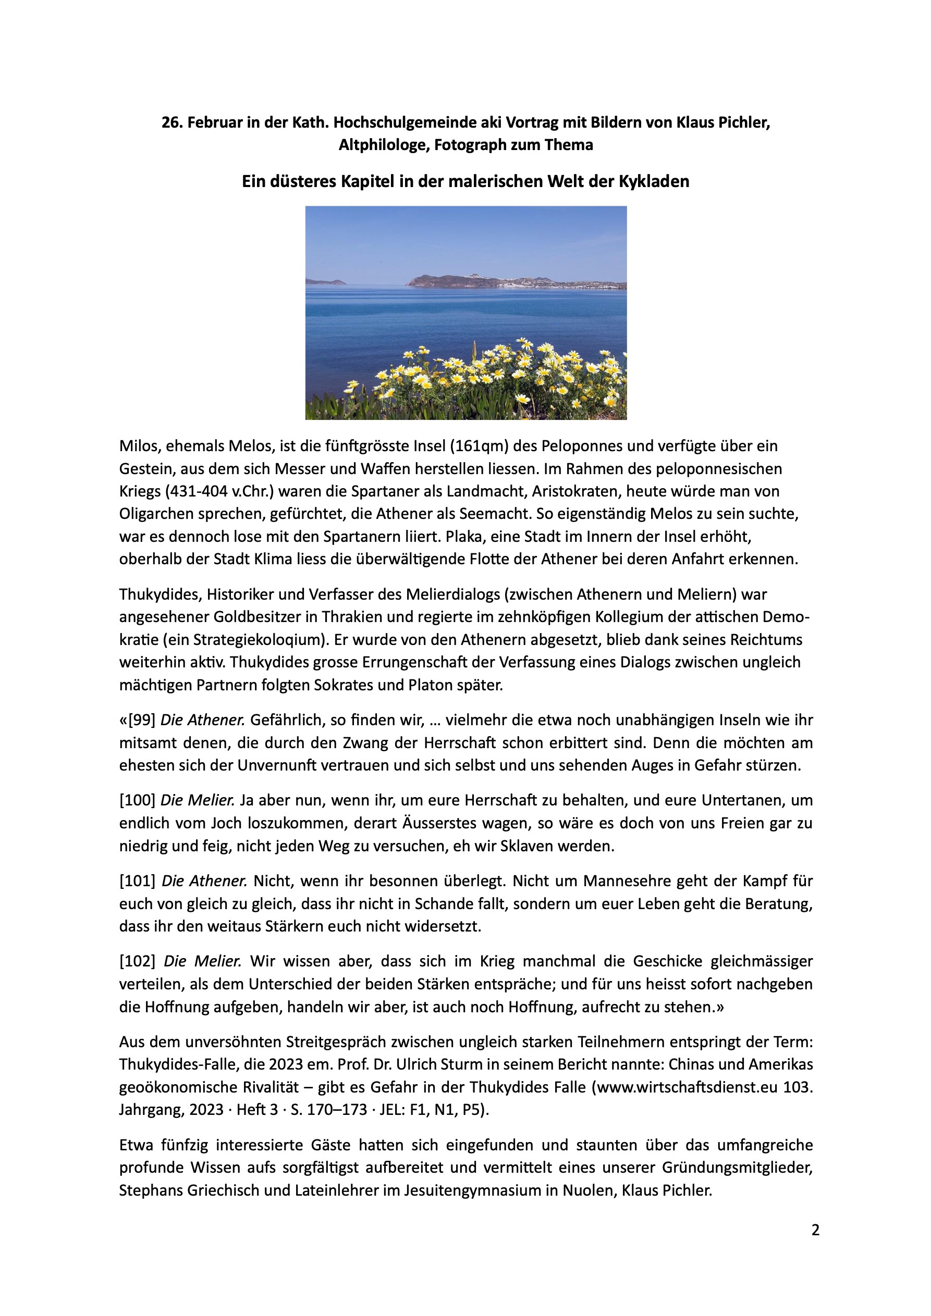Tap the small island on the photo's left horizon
[325, 281]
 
